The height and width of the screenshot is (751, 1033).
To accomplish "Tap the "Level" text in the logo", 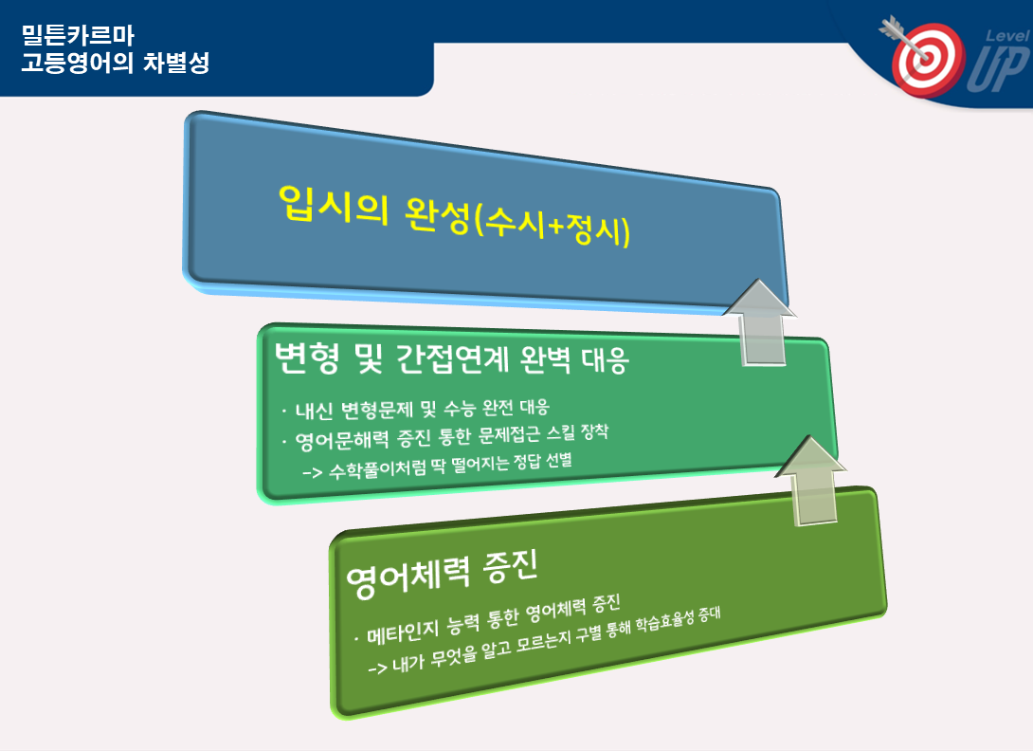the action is [1008, 36].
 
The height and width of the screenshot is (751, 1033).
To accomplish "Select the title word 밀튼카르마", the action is [78, 34].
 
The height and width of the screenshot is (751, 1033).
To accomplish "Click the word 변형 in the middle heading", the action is [307, 358].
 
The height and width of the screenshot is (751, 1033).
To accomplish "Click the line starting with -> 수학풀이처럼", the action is [437, 465].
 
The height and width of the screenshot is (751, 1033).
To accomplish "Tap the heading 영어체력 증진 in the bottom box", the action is [443, 573].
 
